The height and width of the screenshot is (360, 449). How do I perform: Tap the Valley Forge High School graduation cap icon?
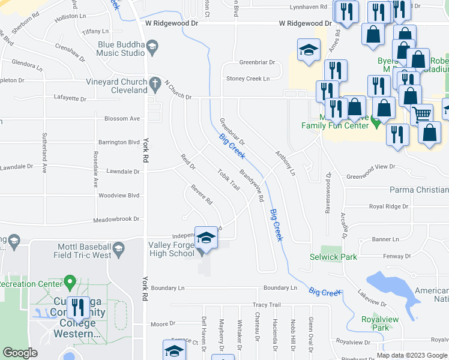coord(206,238)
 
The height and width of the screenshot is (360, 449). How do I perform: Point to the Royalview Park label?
coord(380,323)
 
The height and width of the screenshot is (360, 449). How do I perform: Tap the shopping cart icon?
coord(423,114)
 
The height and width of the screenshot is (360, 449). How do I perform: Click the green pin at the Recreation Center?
coord(70,281)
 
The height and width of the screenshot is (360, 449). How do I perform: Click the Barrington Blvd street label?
coord(119,142)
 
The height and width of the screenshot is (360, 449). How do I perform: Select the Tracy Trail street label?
coord(267,305)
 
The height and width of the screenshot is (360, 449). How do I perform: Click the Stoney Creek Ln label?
coord(248,79)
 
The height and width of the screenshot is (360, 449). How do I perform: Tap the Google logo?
coord(20,353)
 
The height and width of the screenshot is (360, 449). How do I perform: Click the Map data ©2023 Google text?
coord(412,355)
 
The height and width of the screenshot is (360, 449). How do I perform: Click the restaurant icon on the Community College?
coord(79,308)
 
